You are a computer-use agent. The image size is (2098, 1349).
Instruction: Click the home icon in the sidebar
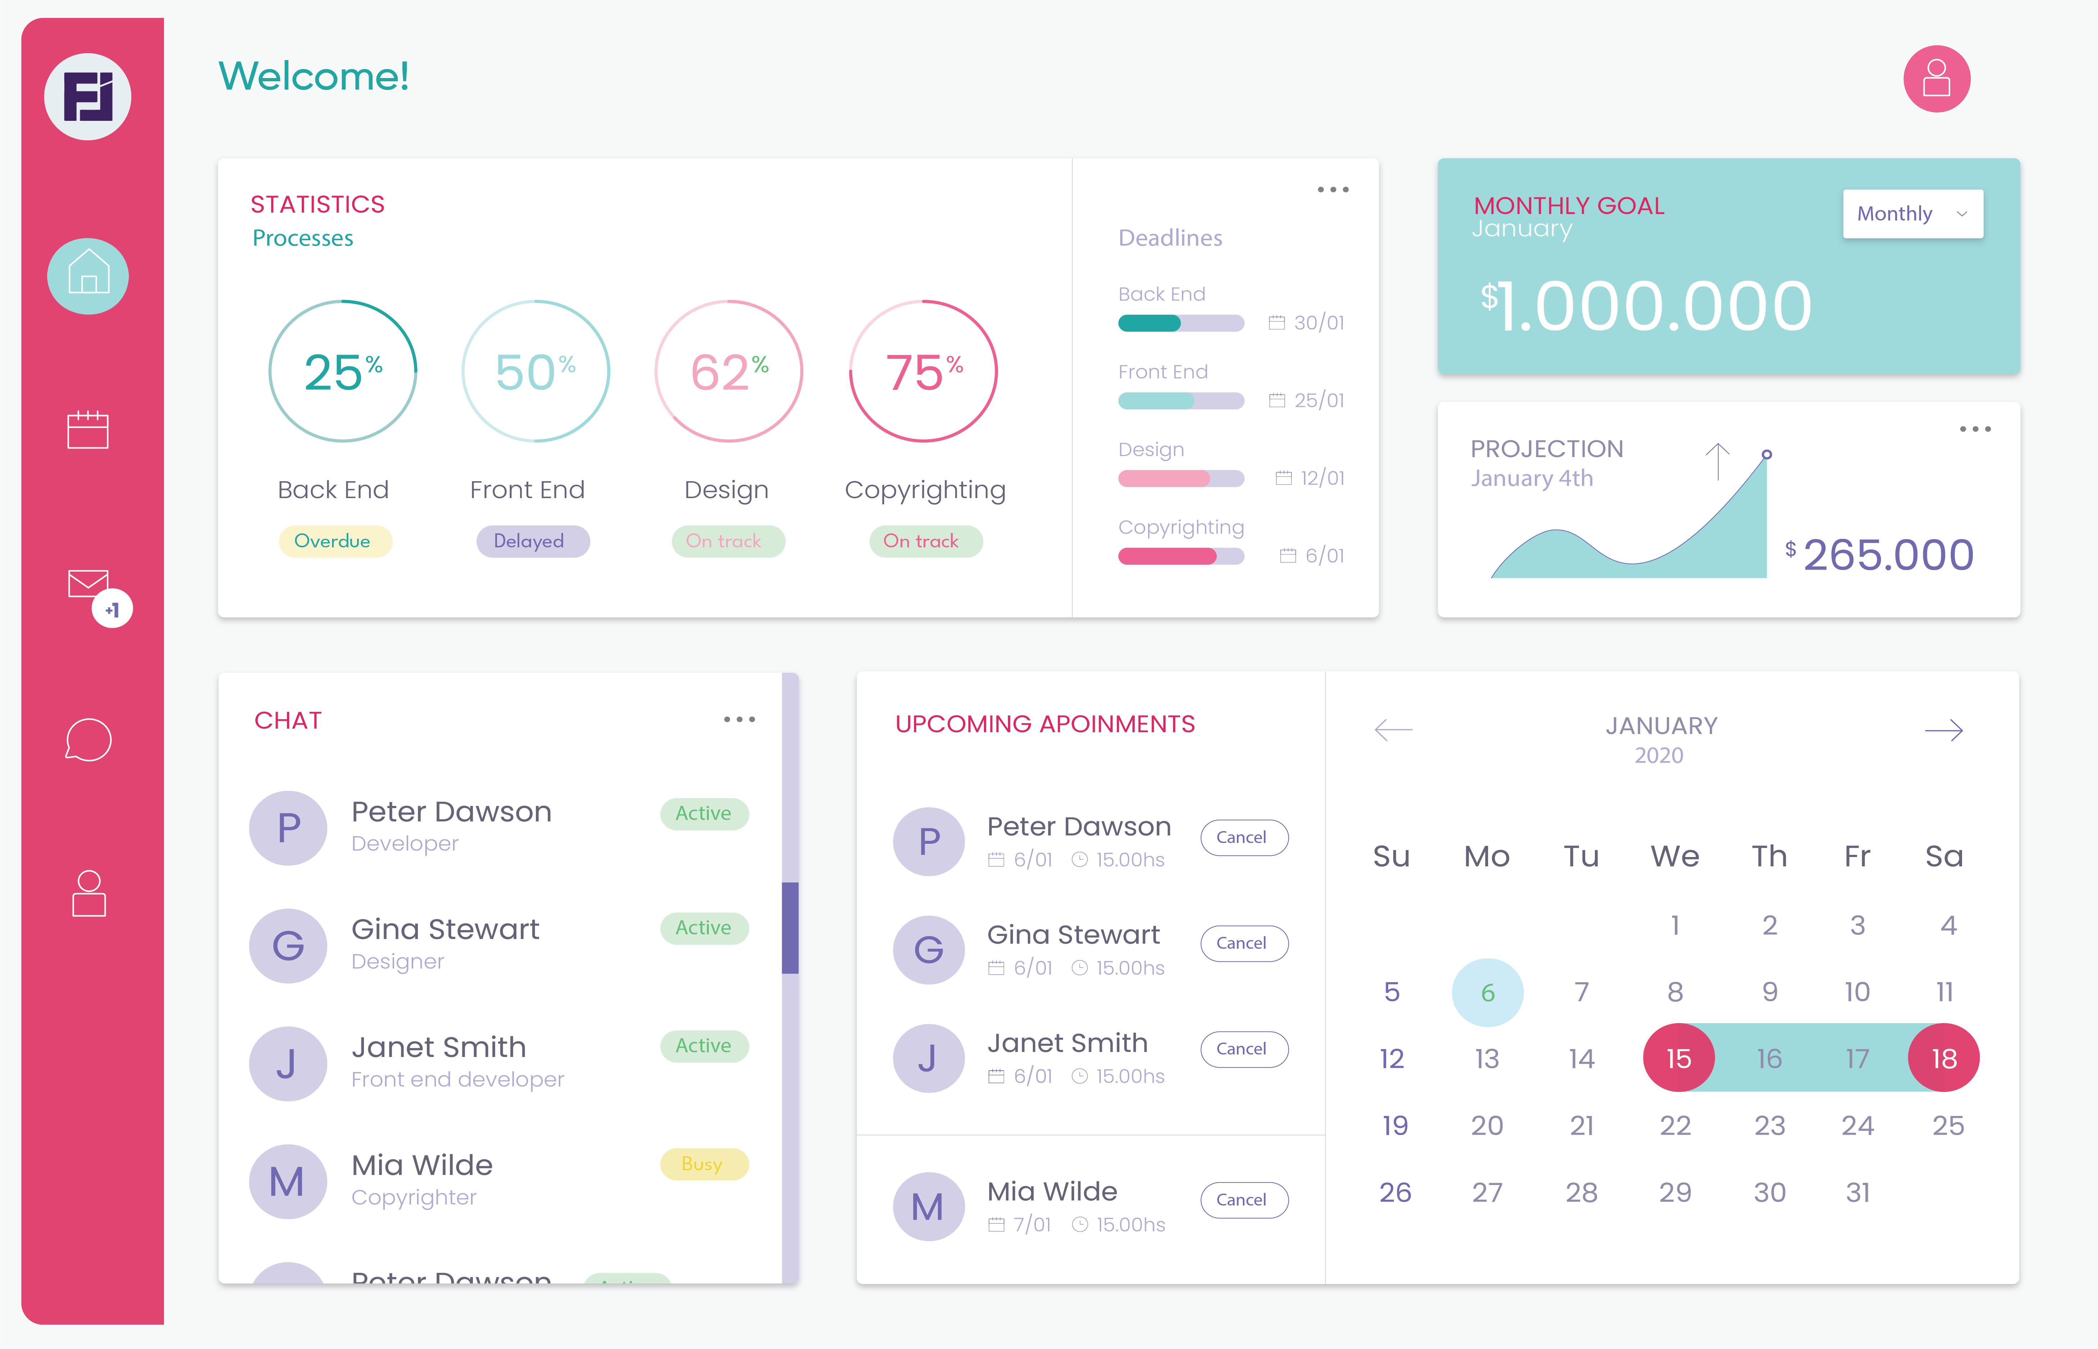point(88,276)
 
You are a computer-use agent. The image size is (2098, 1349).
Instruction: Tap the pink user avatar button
point(1936,79)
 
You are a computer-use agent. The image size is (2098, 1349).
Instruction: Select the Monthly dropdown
point(1912,214)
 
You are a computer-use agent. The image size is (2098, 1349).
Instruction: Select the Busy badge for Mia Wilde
point(703,1164)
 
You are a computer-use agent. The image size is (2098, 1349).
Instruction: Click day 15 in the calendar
point(1678,1058)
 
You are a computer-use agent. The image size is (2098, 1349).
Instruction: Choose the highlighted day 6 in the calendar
point(1487,993)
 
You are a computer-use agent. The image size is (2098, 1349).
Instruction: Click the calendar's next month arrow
point(1943,730)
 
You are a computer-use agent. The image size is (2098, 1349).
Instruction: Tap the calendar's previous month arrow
point(1393,730)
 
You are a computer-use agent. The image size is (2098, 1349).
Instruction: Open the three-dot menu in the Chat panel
point(738,719)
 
